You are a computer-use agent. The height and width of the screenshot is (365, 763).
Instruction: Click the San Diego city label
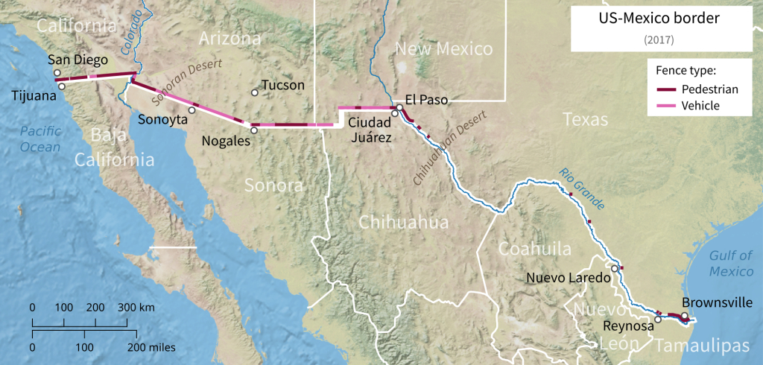(x=77, y=60)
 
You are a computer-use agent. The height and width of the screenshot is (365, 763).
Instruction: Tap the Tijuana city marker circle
(x=62, y=86)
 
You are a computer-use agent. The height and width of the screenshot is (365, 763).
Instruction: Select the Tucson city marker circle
(x=255, y=92)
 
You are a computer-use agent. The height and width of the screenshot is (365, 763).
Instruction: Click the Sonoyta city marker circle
(x=191, y=110)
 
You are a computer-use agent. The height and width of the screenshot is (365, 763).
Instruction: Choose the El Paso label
(x=427, y=98)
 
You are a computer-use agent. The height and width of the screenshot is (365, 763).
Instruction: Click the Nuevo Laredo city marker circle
(x=614, y=269)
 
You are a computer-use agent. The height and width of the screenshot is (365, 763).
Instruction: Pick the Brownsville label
(x=717, y=303)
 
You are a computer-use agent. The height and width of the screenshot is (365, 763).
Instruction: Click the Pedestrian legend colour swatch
(x=663, y=89)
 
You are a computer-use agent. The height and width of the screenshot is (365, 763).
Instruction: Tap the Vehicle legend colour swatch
(x=663, y=106)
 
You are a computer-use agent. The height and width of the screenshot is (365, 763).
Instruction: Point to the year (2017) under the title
(x=659, y=40)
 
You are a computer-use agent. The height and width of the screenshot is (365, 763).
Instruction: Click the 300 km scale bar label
(x=136, y=307)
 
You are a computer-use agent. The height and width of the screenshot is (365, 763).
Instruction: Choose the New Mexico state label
(x=443, y=50)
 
